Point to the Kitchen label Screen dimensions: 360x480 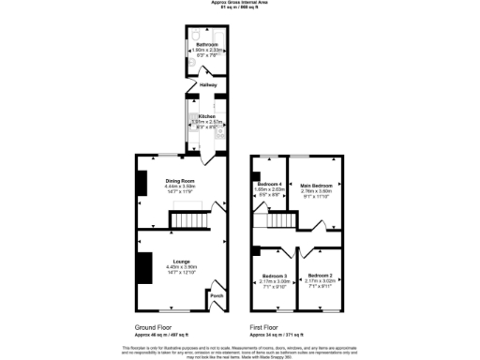click(x=206, y=116)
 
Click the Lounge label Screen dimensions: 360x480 click(x=181, y=262)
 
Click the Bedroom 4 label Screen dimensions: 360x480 click(x=270, y=183)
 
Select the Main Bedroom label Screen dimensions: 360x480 click(x=315, y=186)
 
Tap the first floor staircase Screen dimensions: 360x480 click(x=280, y=221)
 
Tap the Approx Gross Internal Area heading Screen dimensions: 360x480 click(x=238, y=3)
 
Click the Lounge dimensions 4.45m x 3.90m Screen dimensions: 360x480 click(x=181, y=267)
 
